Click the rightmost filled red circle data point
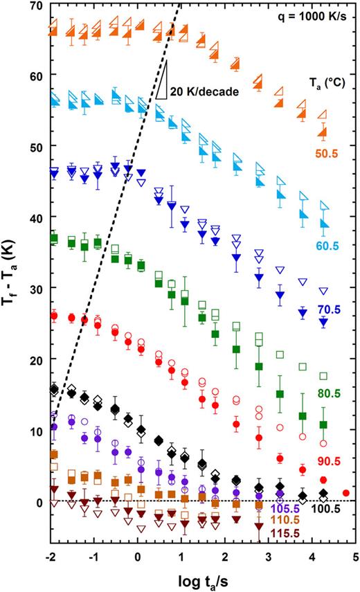[x=346, y=493]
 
